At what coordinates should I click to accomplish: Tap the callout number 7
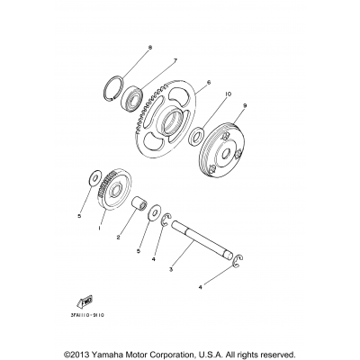click(165, 61)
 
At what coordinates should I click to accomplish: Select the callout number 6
click(207, 82)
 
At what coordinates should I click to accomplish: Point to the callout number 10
click(228, 94)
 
